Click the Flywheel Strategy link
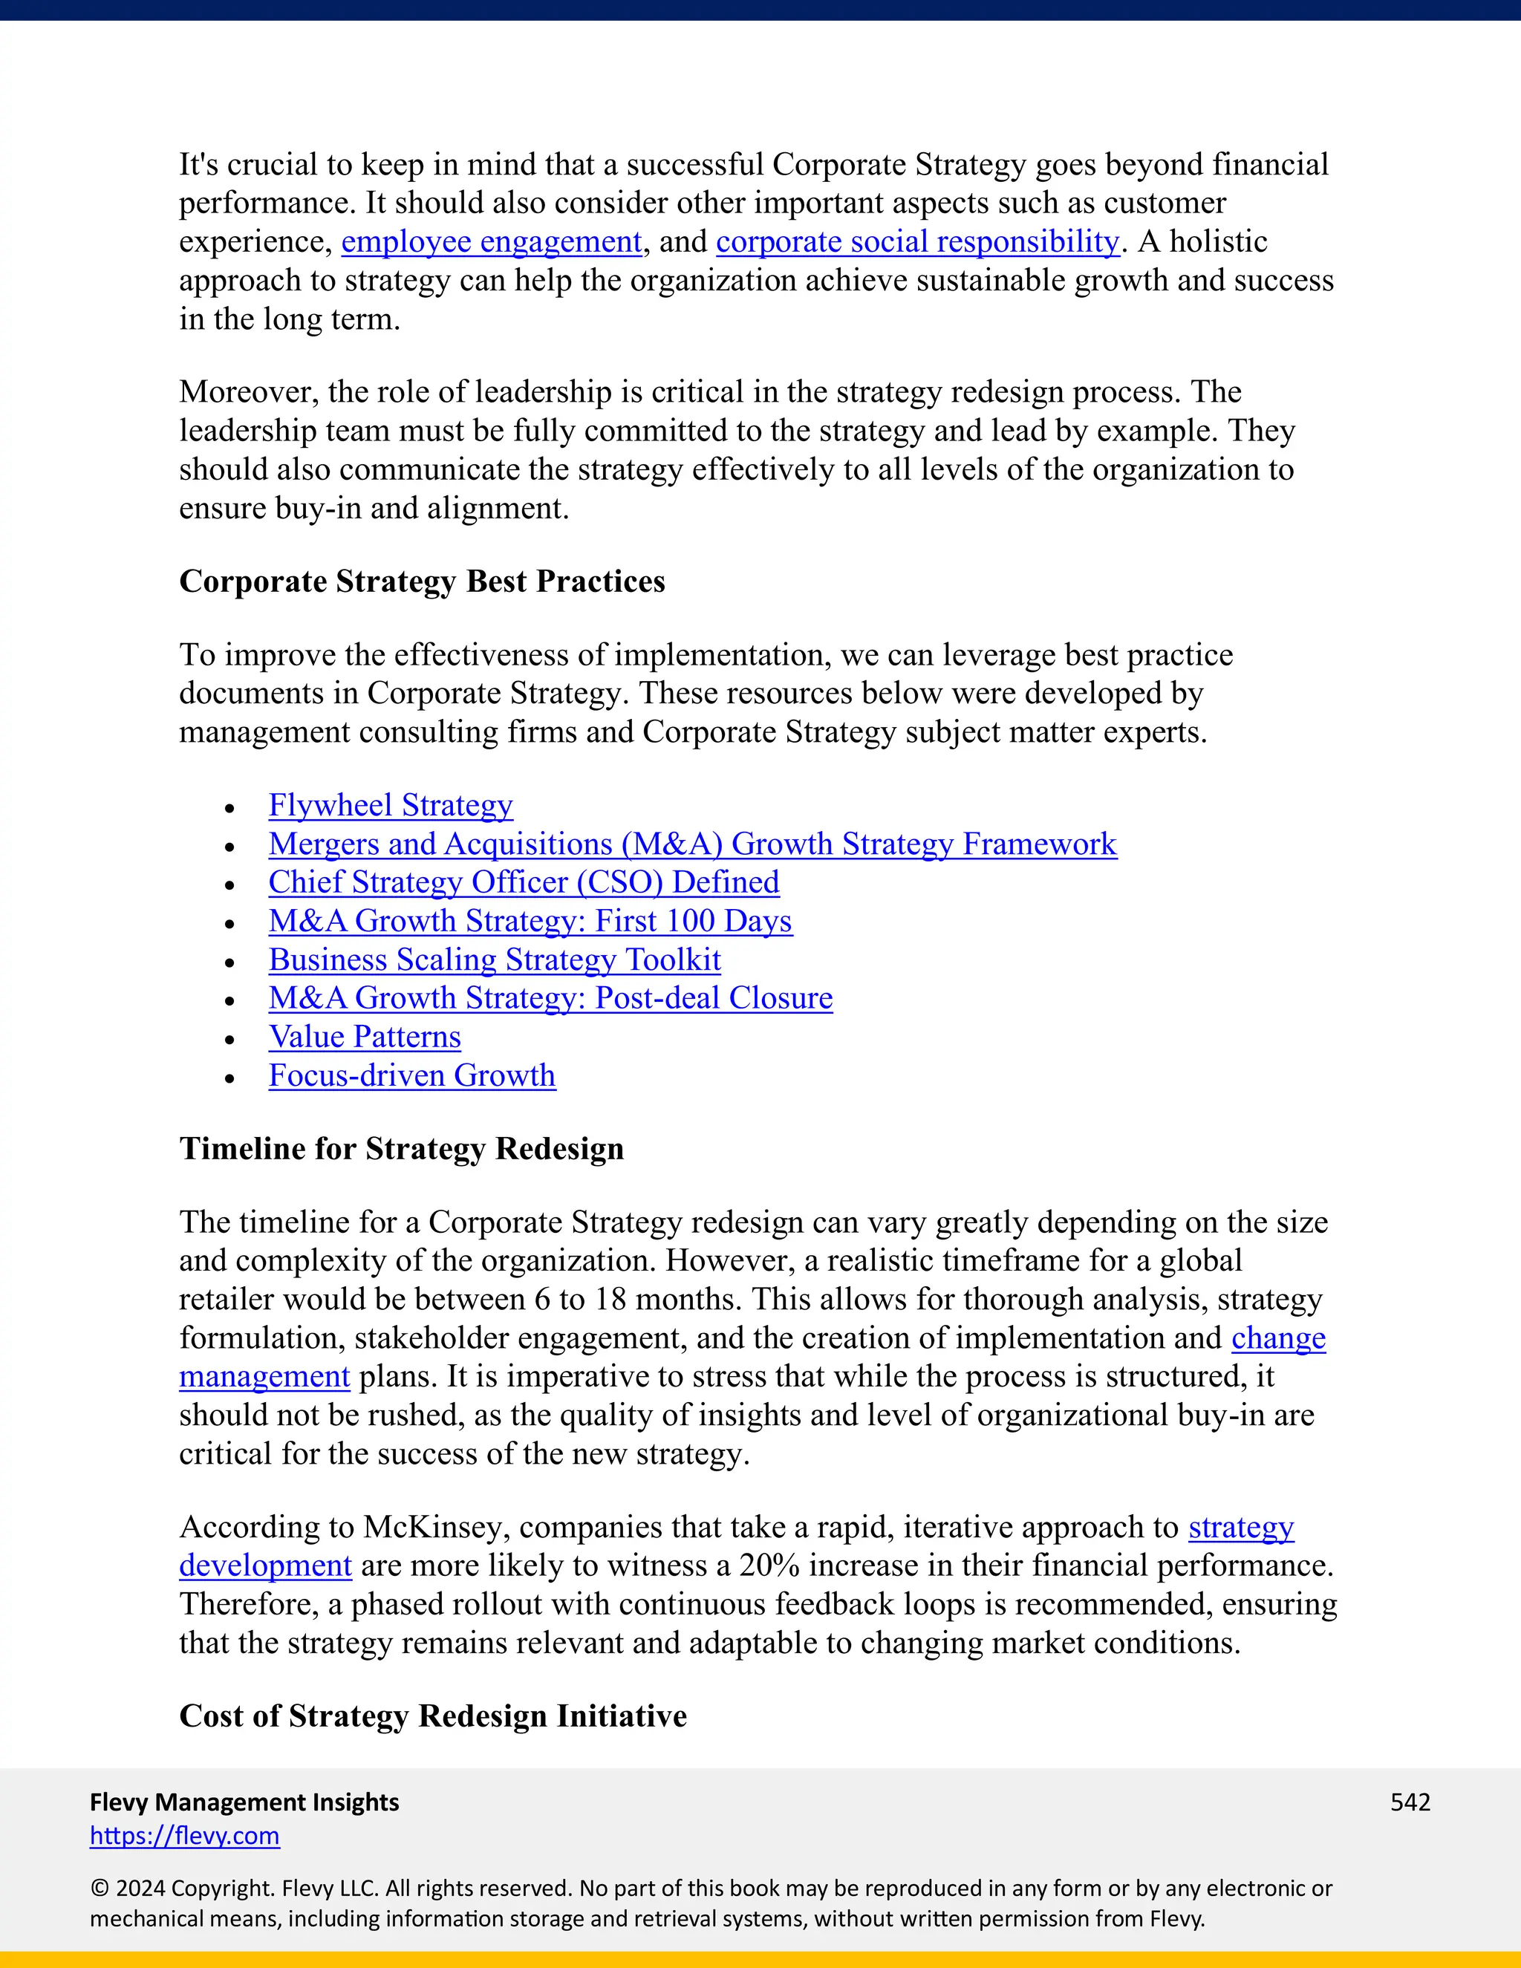pyautogui.click(x=390, y=805)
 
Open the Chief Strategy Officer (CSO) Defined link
pyautogui.click(x=524, y=882)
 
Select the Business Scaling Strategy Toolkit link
pyautogui.click(x=494, y=959)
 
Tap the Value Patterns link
pyautogui.click(x=364, y=1037)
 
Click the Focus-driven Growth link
pyautogui.click(x=411, y=1076)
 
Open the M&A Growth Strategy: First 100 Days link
pyautogui.click(x=530, y=921)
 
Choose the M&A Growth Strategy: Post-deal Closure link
pyautogui.click(x=550, y=998)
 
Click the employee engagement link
pyautogui.click(x=491, y=242)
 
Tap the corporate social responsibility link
pyautogui.click(x=917, y=242)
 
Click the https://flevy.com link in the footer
pyautogui.click(x=185, y=1836)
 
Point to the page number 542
pyautogui.click(x=1410, y=1802)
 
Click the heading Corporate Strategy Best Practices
pyautogui.click(x=422, y=582)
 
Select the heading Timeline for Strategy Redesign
pyautogui.click(x=401, y=1149)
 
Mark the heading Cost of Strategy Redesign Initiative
pyautogui.click(x=432, y=1716)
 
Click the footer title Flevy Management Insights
pyautogui.click(x=244, y=1802)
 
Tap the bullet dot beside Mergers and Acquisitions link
pyautogui.click(x=231, y=847)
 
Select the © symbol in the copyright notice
pyautogui.click(x=99, y=1889)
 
